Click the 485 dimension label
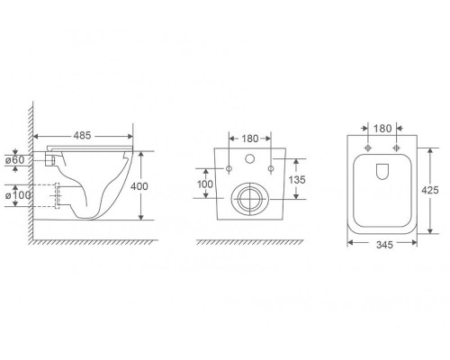tap(82, 136)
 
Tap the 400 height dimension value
tap(139, 186)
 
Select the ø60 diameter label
tap(15, 160)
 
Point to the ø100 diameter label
tap(18, 195)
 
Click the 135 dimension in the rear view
tap(297, 180)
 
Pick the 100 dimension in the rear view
tap(205, 184)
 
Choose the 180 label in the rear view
tap(250, 139)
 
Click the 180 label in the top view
tap(382, 129)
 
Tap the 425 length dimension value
tap(430, 190)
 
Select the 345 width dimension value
tap(384, 245)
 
